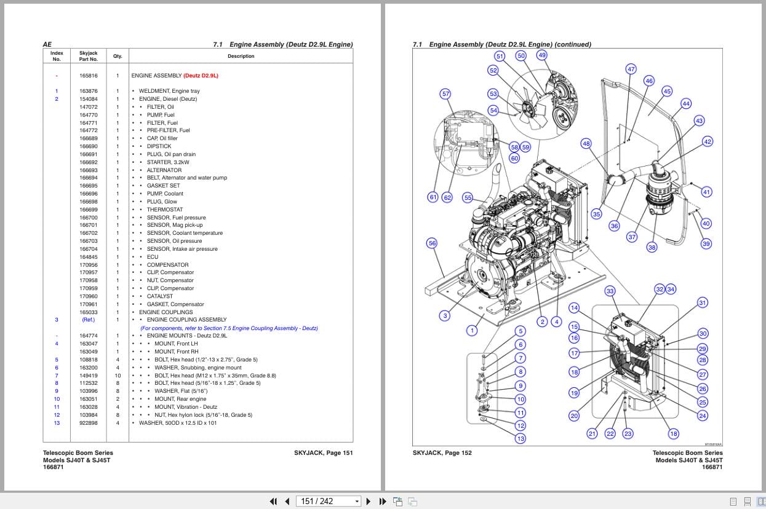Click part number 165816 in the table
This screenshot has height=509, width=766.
pyautogui.click(x=88, y=76)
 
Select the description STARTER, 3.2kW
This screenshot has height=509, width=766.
pyautogui.click(x=167, y=162)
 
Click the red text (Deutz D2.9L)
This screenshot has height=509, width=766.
pyautogui.click(x=201, y=76)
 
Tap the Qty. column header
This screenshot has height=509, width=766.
pyautogui.click(x=118, y=56)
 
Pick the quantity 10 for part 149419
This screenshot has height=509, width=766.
pyautogui.click(x=118, y=376)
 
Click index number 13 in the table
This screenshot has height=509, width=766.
pyautogui.click(x=57, y=423)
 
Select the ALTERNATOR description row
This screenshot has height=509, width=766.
pyautogui.click(x=164, y=170)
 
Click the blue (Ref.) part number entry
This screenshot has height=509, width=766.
pyautogui.click(x=88, y=320)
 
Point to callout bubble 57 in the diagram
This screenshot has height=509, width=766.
pyautogui.click(x=445, y=94)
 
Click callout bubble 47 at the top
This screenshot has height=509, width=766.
pyautogui.click(x=631, y=69)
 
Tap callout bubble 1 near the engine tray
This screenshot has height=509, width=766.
pyautogui.click(x=472, y=330)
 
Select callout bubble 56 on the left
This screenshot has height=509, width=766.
pyautogui.click(x=432, y=243)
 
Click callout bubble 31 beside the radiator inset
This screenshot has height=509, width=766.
pyautogui.click(x=702, y=302)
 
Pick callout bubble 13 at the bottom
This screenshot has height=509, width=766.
pyautogui.click(x=521, y=438)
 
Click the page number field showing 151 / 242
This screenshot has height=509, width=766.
pyautogui.click(x=329, y=501)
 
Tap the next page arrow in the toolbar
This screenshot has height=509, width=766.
pyautogui.click(x=369, y=501)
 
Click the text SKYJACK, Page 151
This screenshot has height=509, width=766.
pyautogui.click(x=323, y=453)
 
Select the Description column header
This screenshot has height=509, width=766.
pyautogui.click(x=241, y=56)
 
